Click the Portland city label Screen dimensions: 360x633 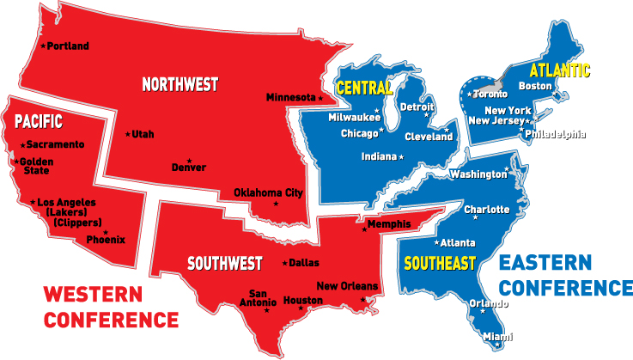tap(68, 46)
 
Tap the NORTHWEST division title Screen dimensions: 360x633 tap(180, 85)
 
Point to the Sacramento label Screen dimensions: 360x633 tap(55, 144)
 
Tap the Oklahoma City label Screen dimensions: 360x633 tap(269, 192)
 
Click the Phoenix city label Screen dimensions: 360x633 tap(109, 240)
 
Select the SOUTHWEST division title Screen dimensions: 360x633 tap(225, 263)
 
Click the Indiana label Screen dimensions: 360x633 tap(378, 157)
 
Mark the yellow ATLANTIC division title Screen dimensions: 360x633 tap(560, 69)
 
